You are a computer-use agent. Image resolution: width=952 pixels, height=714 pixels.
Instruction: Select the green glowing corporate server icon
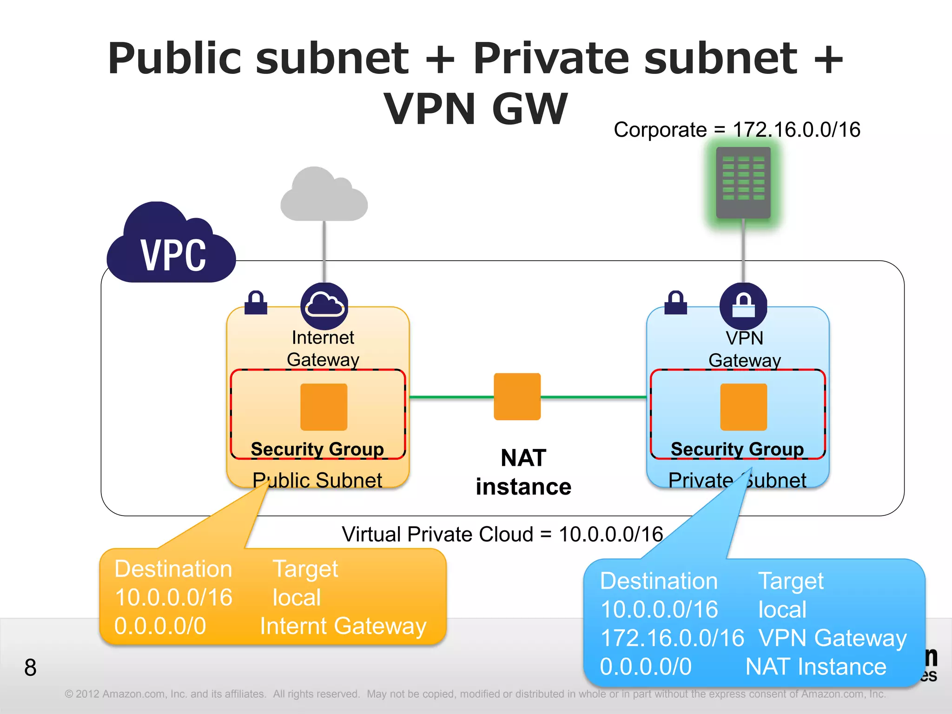pyautogui.click(x=743, y=183)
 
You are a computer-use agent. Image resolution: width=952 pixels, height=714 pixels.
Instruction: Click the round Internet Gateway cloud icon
pyautogui.click(x=324, y=305)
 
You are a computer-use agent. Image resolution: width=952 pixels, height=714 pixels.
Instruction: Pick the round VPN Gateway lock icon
pyautogui.click(x=743, y=305)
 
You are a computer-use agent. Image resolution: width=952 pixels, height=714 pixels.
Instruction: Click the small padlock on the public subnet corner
pyautogui.click(x=256, y=303)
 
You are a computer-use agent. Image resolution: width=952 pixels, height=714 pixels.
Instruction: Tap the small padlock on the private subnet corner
pyautogui.click(x=675, y=303)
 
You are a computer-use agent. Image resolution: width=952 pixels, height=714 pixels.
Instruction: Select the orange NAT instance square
pyautogui.click(x=517, y=397)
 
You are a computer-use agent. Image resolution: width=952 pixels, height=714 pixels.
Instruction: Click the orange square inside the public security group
pyautogui.click(x=324, y=407)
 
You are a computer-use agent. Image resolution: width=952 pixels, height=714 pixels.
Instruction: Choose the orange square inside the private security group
pyautogui.click(x=743, y=407)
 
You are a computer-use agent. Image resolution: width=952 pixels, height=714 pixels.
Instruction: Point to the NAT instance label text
pyautogui.click(x=523, y=472)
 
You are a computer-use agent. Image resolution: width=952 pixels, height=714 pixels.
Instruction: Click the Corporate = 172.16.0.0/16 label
pyautogui.click(x=737, y=130)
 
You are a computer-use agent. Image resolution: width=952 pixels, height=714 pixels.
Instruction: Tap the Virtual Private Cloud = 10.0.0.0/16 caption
pyautogui.click(x=502, y=534)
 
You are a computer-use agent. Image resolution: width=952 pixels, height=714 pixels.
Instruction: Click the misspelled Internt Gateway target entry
pyautogui.click(x=343, y=626)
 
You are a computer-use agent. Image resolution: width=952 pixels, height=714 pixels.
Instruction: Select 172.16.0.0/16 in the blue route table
pyautogui.click(x=672, y=638)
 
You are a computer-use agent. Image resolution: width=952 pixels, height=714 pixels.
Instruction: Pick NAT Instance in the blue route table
pyautogui.click(x=816, y=667)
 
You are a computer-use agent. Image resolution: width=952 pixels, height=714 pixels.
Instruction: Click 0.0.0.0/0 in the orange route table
pyautogui.click(x=160, y=626)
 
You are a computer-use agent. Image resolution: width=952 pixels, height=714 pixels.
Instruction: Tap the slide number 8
pyautogui.click(x=30, y=668)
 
